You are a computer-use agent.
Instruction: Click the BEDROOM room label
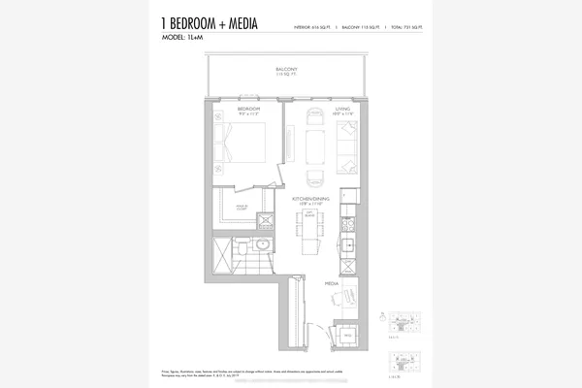250,110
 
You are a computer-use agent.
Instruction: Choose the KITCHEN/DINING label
312,199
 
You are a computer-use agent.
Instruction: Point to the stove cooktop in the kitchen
350,234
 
